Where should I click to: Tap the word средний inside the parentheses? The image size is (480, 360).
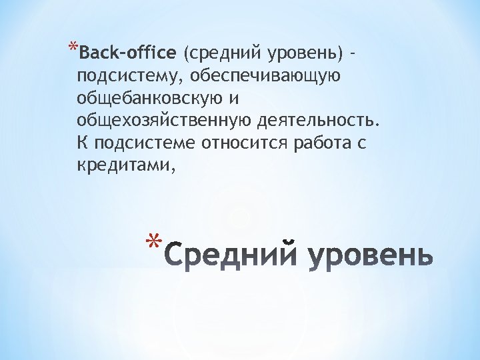221,53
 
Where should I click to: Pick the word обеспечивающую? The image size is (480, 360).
265,76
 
